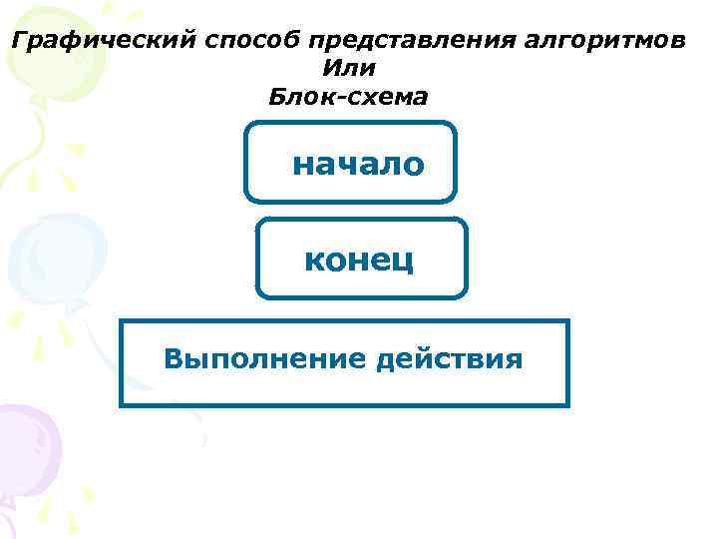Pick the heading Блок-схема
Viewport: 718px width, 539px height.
[x=348, y=97]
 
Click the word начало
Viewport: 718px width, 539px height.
[x=358, y=164]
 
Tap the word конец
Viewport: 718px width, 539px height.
[x=359, y=260]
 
